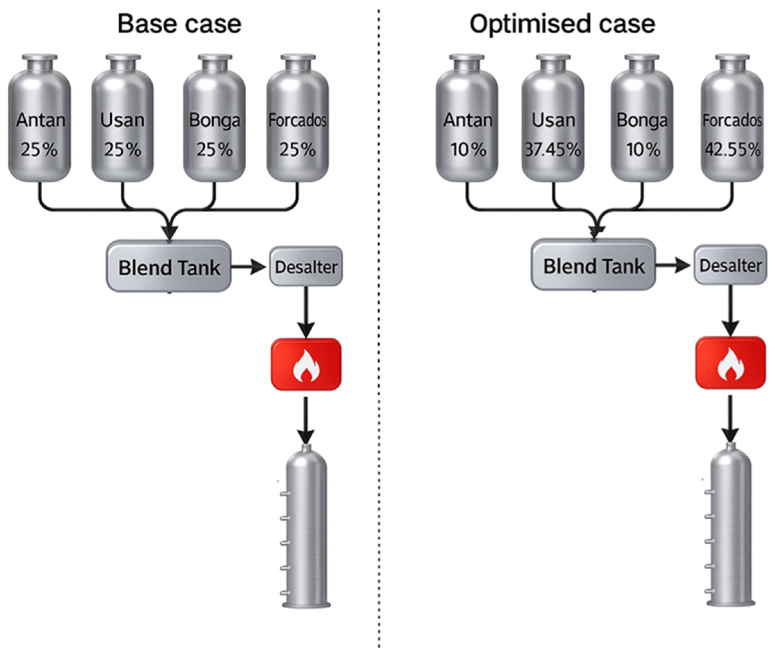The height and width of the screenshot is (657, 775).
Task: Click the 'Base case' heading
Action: tap(179, 24)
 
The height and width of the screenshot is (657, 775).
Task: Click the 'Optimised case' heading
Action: tap(562, 24)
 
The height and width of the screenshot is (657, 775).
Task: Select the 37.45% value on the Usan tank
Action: tap(553, 150)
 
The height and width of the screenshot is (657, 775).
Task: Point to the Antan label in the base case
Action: tap(41, 120)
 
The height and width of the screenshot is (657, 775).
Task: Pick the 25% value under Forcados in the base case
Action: tap(297, 150)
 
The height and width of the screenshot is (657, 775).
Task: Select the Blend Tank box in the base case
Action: tap(169, 267)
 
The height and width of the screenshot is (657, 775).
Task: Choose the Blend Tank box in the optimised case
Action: tap(593, 266)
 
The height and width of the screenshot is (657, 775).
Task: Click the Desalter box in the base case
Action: tap(306, 267)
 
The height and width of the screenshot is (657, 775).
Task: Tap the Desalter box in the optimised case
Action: tap(730, 266)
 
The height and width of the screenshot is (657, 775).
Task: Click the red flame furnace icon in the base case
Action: tap(306, 364)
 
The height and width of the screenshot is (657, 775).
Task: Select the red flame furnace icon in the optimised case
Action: tap(730, 363)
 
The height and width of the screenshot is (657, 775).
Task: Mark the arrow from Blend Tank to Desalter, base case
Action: tap(248, 267)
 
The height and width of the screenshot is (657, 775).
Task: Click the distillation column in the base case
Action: tap(306, 529)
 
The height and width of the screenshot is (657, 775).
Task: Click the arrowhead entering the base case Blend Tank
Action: tap(170, 233)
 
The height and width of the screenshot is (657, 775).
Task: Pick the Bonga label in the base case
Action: tap(215, 120)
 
